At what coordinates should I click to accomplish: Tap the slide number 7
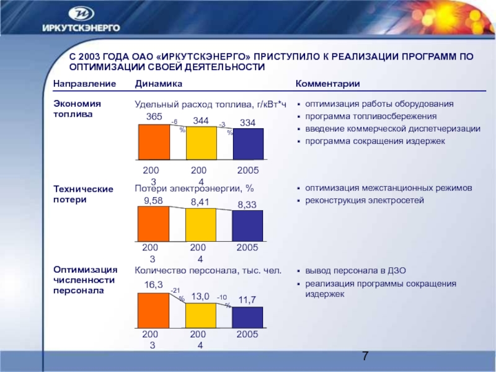366,356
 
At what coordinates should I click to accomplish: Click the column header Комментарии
328,84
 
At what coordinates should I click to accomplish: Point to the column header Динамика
159,84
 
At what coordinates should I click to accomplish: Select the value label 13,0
200,296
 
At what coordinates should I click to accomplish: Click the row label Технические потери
83,194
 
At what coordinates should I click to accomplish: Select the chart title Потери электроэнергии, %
195,188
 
